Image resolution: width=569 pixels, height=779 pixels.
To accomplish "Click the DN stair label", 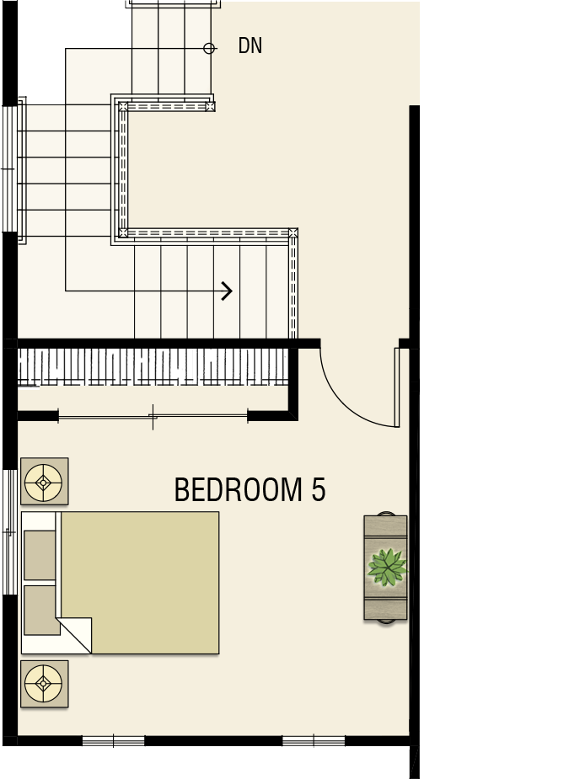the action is [x=250, y=45].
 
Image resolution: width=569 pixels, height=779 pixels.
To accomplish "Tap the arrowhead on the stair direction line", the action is [x=227, y=291].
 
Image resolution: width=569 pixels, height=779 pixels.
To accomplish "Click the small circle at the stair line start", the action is [x=209, y=48].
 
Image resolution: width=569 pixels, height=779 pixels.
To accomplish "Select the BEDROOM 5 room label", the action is [x=250, y=489].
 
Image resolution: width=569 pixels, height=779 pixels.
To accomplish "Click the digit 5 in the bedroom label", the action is [x=319, y=489].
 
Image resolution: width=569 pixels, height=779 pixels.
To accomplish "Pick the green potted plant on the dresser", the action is [x=387, y=567].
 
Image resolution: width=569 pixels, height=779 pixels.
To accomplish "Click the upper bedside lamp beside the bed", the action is [x=45, y=482].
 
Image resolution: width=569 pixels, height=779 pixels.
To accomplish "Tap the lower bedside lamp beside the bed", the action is [x=45, y=684].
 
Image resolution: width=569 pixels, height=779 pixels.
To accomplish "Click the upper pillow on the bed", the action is [x=40, y=555].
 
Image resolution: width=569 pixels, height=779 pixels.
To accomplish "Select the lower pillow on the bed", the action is [x=41, y=610].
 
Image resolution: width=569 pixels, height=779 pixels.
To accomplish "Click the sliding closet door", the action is [x=153, y=416].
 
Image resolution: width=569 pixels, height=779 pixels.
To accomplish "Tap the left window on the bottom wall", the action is [x=114, y=741].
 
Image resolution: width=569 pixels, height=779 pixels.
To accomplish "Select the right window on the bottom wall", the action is [x=314, y=741].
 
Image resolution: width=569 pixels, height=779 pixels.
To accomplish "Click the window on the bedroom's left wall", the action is [x=10, y=532].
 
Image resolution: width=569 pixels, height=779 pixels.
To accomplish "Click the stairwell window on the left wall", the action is [x=10, y=169].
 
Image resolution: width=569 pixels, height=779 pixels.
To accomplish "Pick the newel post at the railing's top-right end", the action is [x=210, y=106].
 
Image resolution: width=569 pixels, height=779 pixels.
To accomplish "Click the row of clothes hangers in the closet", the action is [x=153, y=368].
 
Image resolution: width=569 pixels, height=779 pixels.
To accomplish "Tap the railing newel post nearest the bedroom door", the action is [x=293, y=232].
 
